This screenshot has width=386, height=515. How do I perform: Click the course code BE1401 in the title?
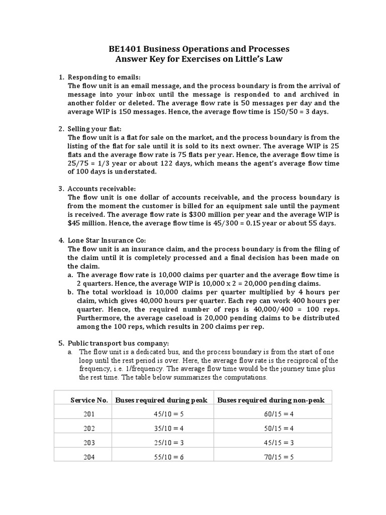click(126, 49)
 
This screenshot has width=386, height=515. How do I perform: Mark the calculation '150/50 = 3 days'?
click(299, 112)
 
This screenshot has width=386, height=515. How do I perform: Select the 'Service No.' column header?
click(89, 400)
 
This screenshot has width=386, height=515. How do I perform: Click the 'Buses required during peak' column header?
click(161, 400)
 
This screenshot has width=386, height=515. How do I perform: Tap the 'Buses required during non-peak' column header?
click(271, 400)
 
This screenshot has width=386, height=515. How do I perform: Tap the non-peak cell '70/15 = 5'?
click(271, 457)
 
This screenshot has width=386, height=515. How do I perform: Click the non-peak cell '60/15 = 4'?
click(271, 414)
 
